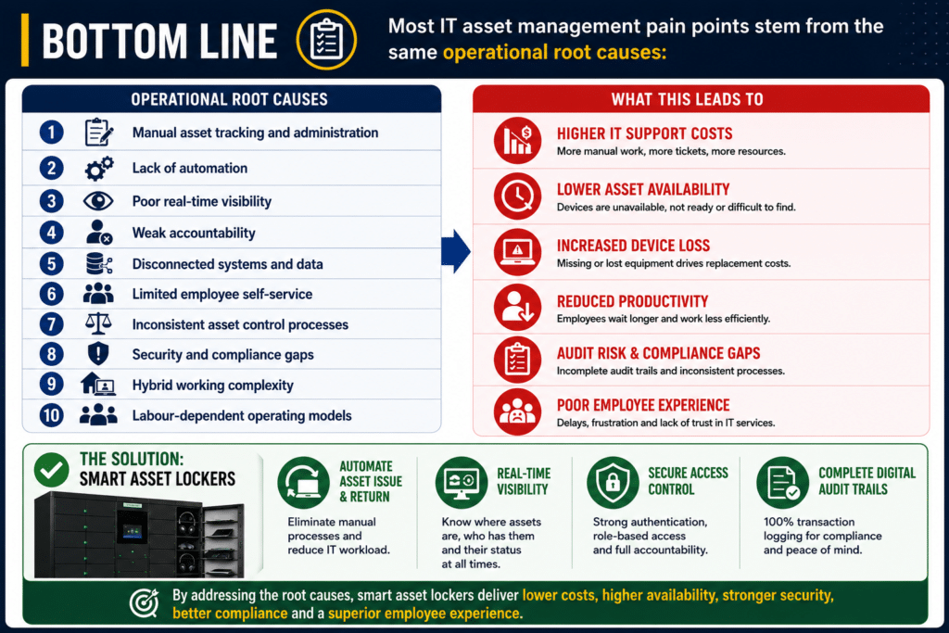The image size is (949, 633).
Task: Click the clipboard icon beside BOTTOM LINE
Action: pos(326,40)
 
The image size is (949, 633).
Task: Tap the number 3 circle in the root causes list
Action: pos(52,201)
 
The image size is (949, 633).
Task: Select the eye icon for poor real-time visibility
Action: pos(98,201)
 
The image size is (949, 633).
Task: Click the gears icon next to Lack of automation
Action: pos(98,169)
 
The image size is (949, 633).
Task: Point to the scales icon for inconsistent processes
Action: pos(98,323)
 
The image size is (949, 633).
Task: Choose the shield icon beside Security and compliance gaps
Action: pos(98,354)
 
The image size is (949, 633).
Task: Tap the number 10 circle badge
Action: pos(52,415)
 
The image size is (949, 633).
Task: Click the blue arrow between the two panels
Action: pos(456,251)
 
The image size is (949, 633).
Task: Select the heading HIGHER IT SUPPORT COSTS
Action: pos(645,133)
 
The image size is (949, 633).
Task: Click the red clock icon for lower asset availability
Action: pos(517,196)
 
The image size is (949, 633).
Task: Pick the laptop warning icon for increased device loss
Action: pos(517,252)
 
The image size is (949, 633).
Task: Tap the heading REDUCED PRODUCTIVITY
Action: pos(632,301)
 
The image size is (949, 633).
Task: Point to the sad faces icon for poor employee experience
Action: pos(517,411)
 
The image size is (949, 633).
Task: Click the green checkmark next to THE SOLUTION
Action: pos(52,470)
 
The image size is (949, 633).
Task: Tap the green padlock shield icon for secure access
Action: pos(614,482)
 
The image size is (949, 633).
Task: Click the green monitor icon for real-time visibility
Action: pos(462,482)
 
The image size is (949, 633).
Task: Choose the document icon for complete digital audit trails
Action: pos(782,482)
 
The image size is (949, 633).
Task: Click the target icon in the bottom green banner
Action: pos(144,602)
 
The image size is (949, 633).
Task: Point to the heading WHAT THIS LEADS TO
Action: pos(687,99)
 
